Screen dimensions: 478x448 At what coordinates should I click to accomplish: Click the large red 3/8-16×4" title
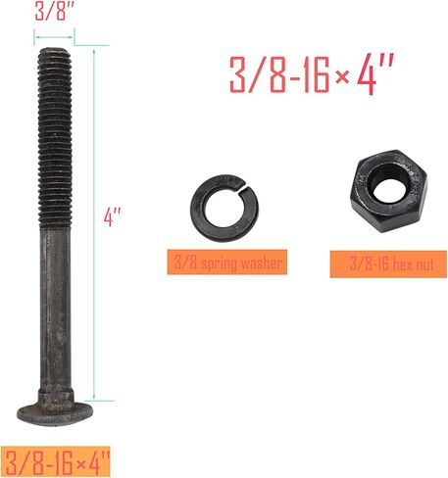(x=312, y=75)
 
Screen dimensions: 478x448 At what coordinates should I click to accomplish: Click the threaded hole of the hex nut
(x=391, y=185)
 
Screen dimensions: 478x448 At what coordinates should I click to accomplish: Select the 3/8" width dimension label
(x=54, y=13)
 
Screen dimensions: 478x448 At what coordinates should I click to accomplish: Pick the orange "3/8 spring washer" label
(x=228, y=262)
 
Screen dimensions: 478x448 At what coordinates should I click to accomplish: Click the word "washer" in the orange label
(x=262, y=262)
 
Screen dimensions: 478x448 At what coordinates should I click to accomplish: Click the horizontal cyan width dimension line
(x=54, y=41)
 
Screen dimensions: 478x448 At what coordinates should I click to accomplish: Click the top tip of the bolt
(x=54, y=54)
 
